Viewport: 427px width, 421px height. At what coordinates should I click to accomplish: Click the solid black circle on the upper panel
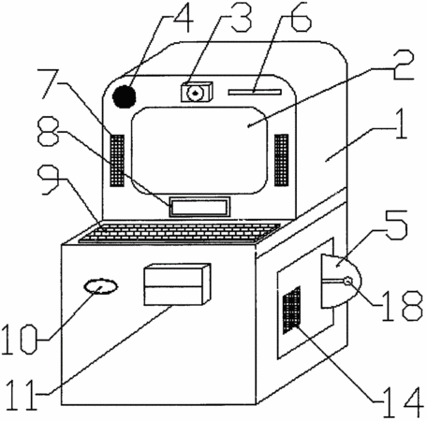125,96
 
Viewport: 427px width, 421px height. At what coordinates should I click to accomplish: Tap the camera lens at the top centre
196,93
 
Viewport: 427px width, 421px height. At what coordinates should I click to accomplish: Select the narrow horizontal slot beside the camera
255,92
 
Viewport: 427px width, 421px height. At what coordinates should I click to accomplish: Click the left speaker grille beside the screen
117,161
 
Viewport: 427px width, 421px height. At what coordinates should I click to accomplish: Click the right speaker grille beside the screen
281,160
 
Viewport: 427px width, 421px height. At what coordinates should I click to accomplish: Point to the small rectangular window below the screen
199,207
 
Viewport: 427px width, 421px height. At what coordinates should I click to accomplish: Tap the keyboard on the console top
180,233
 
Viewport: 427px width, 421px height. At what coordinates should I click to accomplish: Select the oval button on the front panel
101,286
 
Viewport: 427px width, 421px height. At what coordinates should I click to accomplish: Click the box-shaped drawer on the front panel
177,284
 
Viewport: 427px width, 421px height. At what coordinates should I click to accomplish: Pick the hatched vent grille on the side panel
291,310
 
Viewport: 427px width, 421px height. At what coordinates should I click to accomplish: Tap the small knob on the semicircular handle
347,281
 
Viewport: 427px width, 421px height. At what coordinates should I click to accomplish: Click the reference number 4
184,19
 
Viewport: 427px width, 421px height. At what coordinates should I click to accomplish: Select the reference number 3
241,18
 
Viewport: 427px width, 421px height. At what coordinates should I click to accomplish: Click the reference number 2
403,65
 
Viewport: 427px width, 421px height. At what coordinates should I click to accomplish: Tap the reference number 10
19,339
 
